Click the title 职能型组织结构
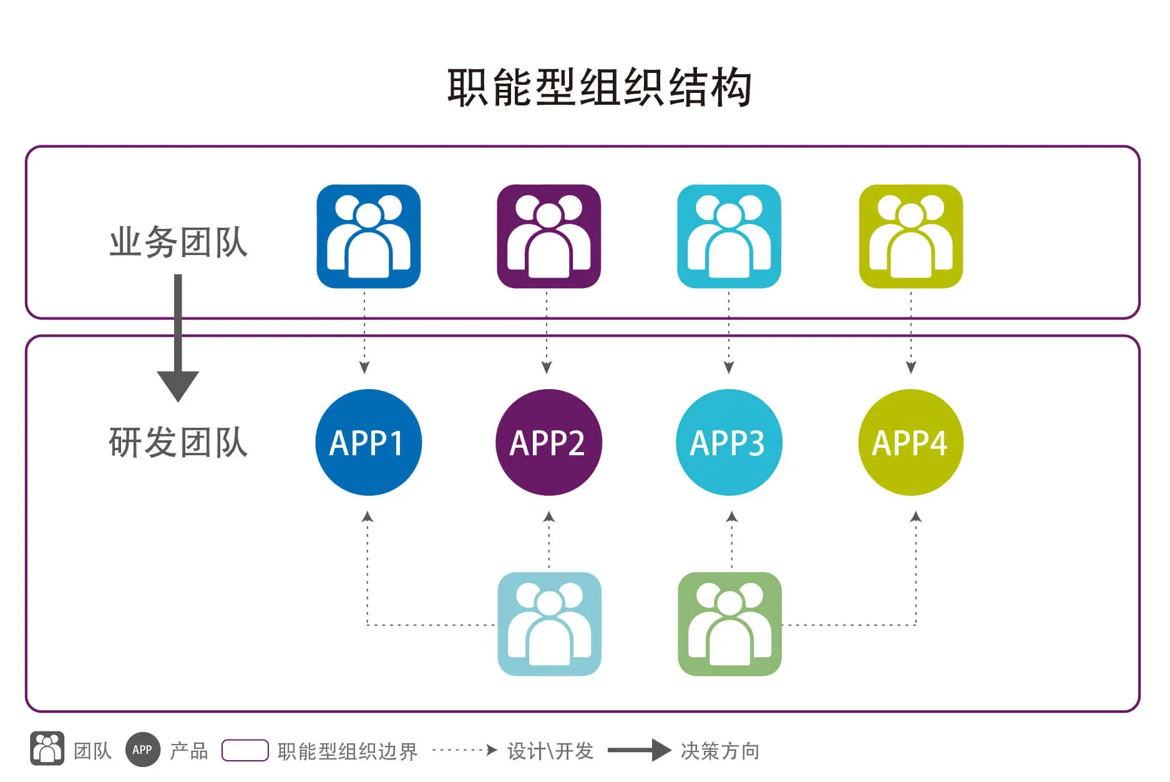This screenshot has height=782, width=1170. (599, 87)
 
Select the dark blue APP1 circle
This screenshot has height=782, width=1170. (368, 442)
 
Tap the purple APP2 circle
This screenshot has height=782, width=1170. (548, 442)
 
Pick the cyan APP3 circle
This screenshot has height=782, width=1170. (729, 442)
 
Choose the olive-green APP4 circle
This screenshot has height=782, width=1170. (910, 442)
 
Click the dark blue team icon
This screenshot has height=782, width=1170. (368, 236)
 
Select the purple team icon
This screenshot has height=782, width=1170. (548, 236)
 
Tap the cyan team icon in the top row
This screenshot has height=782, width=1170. (729, 236)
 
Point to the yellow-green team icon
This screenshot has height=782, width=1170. (910, 236)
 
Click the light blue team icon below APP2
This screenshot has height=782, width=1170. (549, 624)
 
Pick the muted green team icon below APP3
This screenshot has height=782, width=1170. (729, 624)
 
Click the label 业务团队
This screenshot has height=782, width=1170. (178, 242)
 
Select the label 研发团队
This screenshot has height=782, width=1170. (178, 443)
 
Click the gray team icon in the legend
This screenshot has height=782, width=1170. (47, 748)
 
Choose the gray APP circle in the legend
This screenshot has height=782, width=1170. (142, 750)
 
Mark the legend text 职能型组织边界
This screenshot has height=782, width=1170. (347, 751)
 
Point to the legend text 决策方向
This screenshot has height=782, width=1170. (719, 751)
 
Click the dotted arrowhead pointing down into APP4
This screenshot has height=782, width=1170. (911, 367)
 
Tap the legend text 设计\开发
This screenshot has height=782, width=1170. (550, 751)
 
